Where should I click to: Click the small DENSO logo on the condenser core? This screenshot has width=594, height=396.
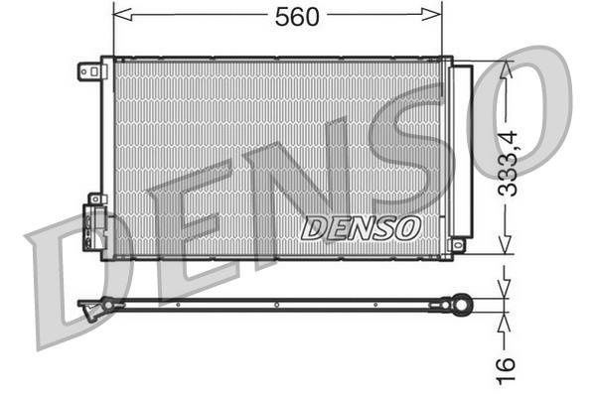coord(361,227)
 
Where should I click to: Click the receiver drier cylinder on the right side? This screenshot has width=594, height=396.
coord(462,149)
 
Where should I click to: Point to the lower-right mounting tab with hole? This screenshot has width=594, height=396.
coord(458,244)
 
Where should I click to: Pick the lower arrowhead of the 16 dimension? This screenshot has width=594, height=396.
coord(508,321)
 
